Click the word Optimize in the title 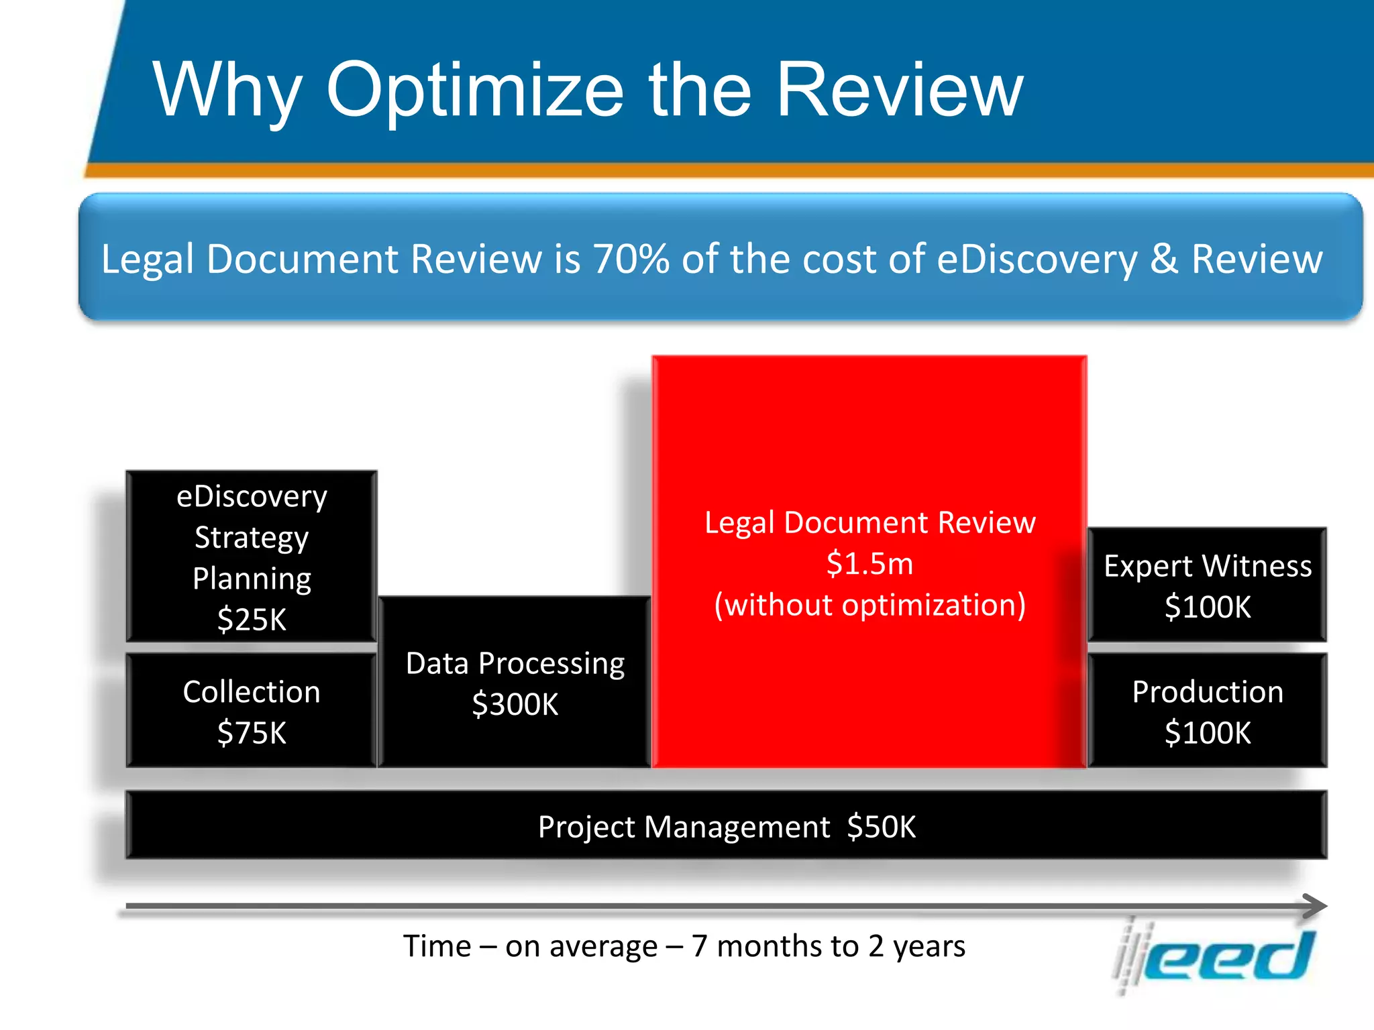475,90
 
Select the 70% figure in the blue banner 631,259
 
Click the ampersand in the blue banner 1164,259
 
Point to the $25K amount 252,619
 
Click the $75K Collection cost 252,732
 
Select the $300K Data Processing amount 515,704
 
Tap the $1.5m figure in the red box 869,563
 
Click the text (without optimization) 869,605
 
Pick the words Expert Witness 1208,566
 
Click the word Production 1208,692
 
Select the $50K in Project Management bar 881,827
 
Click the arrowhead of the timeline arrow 1315,906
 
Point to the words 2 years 916,946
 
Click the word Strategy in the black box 252,538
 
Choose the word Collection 252,692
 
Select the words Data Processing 515,663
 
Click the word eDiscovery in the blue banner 1037,259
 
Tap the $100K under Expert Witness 1208,607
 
